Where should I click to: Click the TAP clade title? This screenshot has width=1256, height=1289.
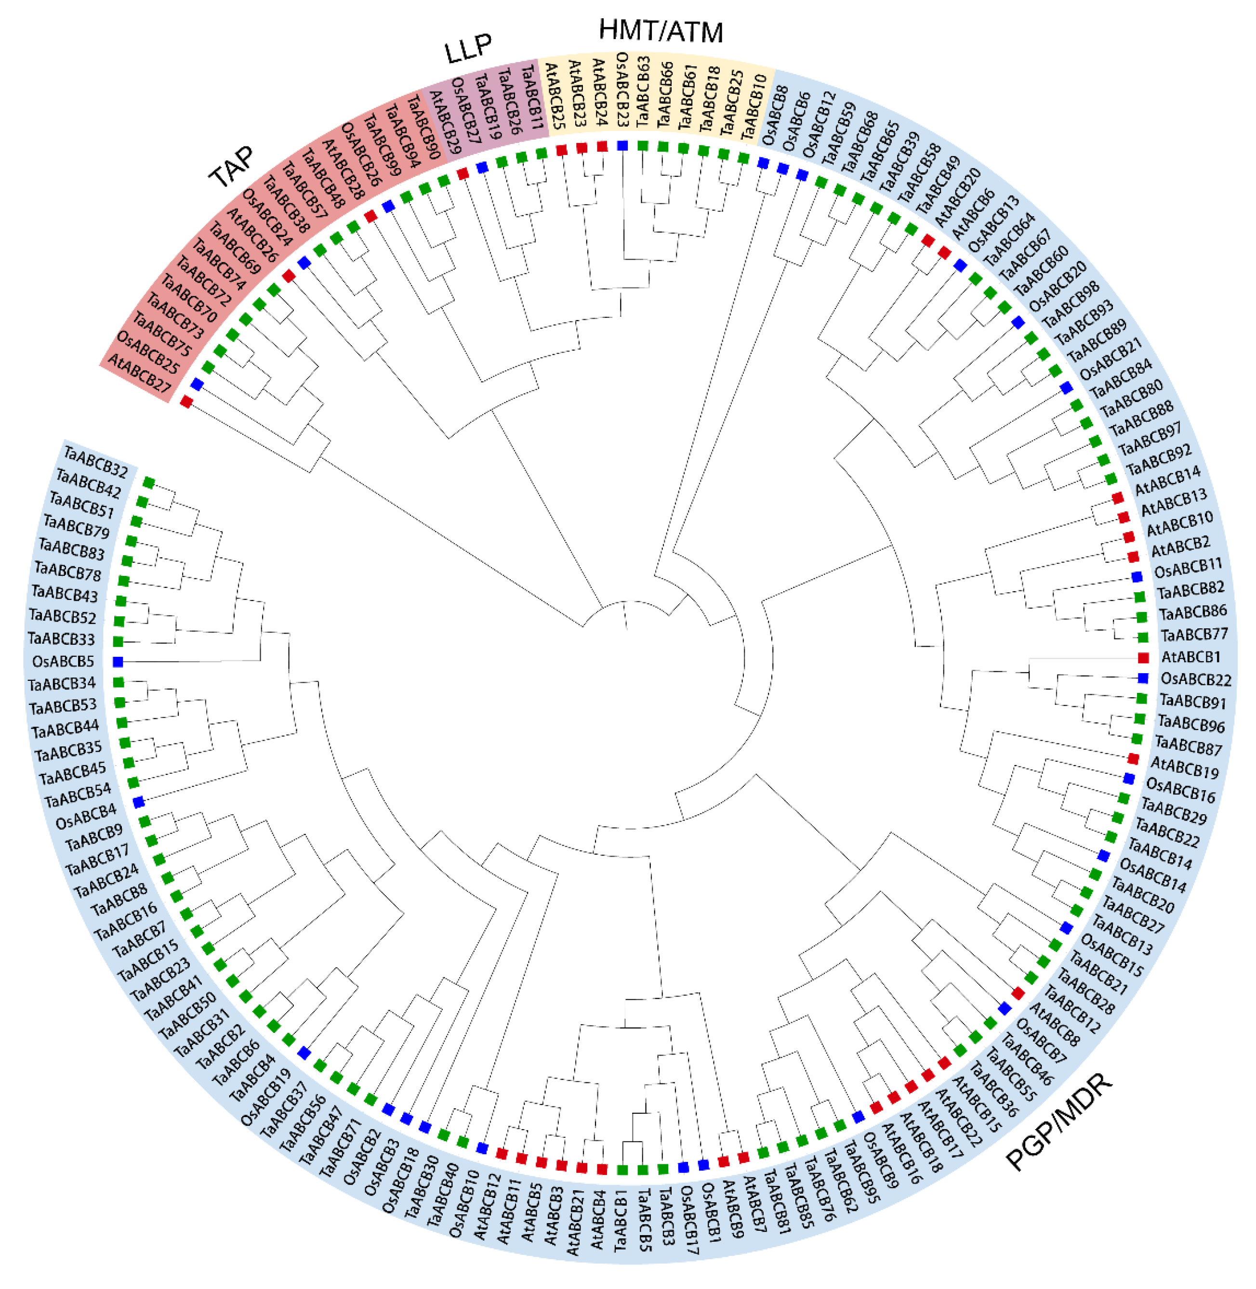coord(231,166)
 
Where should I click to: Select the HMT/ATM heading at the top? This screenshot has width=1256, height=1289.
coord(661,31)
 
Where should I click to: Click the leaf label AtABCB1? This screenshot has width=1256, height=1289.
coord(1190,657)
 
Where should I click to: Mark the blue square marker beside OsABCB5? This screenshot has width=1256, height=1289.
coord(118,661)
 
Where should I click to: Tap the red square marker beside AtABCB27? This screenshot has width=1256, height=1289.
coord(186,402)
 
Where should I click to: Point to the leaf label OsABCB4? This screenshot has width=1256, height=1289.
coord(86,818)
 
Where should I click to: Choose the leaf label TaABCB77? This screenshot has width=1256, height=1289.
coord(1194,635)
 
